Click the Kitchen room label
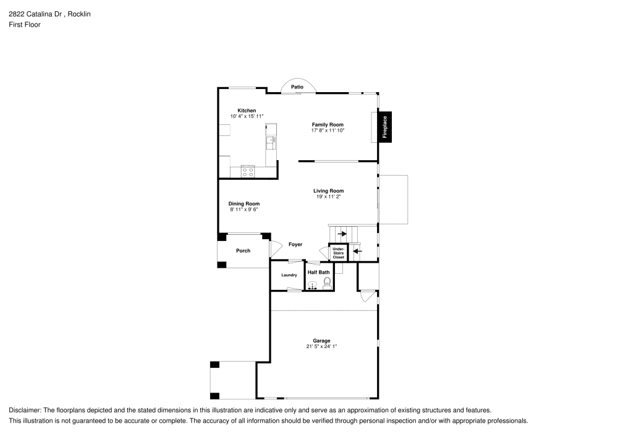247,111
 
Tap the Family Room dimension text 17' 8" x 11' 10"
328,130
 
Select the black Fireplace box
385,127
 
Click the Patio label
297,87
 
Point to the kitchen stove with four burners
248,171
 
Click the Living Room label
329,191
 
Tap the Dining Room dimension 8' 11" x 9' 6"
244,210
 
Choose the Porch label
243,250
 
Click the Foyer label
295,244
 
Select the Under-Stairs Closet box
339,253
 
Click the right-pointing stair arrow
342,234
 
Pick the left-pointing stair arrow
357,250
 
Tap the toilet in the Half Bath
327,283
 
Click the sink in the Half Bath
313,286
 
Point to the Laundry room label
289,275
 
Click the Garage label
321,341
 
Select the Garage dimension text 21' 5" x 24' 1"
321,347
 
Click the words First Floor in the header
25,25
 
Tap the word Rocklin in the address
79,14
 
